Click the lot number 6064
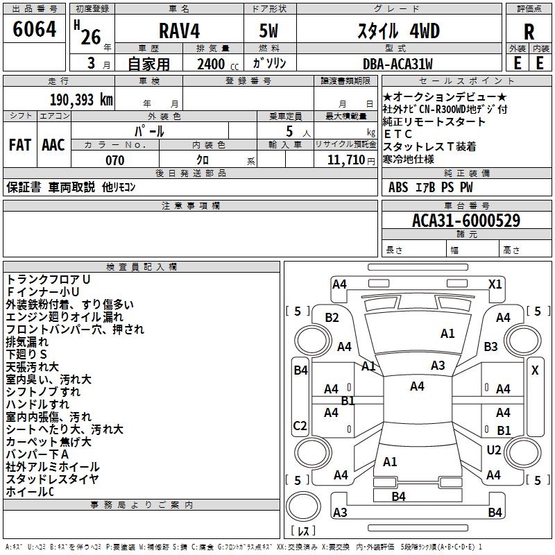pos(35,30)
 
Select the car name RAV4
pos(178,32)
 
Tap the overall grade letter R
pos(529,32)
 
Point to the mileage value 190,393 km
pos(80,100)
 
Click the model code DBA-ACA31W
pos(397,65)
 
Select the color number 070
pos(115,160)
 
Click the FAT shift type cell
pos(19,145)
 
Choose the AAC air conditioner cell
pos(53,145)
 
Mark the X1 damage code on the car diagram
pos(495,284)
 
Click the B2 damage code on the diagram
pos(332,317)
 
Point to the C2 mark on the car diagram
pos(300,425)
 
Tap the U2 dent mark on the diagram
pos(493,450)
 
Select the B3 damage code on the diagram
pos(490,346)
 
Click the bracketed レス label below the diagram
pos(303,531)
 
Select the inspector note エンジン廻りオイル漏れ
pos(65,317)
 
